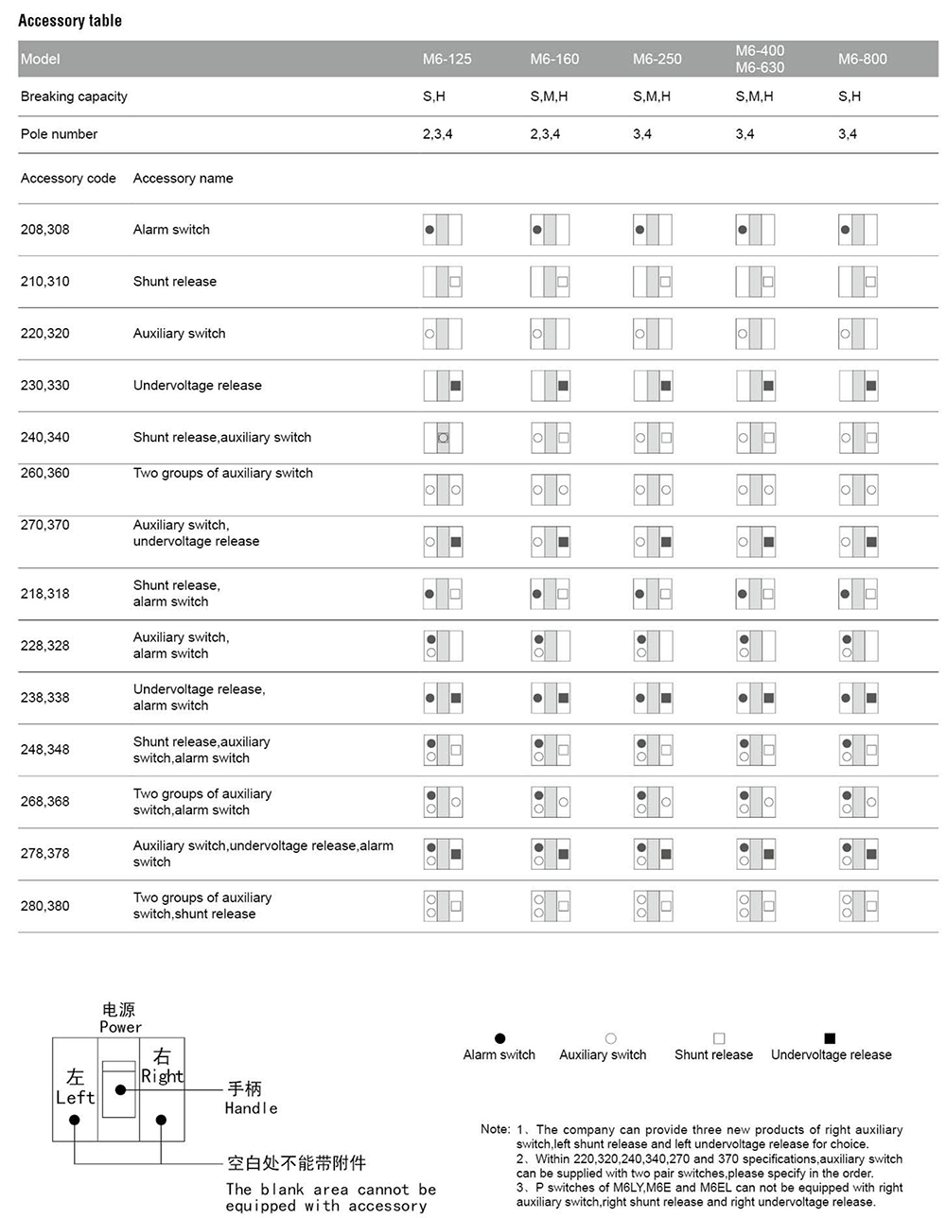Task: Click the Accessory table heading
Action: (x=70, y=21)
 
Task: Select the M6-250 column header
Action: (x=657, y=59)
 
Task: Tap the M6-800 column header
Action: (x=862, y=59)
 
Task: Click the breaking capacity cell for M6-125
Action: (x=433, y=96)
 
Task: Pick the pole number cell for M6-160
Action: (x=544, y=134)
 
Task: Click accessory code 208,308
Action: (x=45, y=230)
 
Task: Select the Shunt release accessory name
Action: (x=175, y=282)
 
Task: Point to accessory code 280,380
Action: (x=45, y=906)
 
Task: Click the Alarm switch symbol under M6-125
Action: (x=442, y=230)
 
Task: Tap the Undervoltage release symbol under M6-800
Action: (x=858, y=386)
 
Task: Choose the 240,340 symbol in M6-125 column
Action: (x=442, y=438)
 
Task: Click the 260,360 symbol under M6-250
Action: (x=653, y=490)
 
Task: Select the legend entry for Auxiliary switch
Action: (x=603, y=1054)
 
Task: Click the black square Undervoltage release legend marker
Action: (x=830, y=1038)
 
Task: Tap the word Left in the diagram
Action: (x=75, y=1098)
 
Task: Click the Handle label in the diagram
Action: (x=251, y=1108)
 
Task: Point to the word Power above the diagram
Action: (x=120, y=1027)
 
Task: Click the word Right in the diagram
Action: (x=162, y=1076)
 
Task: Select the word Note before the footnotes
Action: (x=495, y=1129)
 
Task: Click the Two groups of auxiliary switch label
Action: (x=223, y=473)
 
